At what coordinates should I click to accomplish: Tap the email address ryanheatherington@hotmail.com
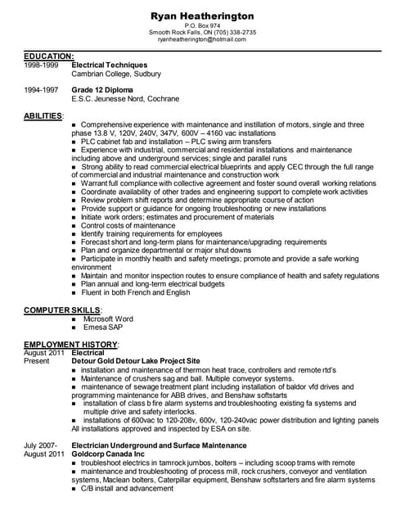click(202, 38)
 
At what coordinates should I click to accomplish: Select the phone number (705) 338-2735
click(232, 32)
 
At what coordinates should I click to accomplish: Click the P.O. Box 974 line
click(202, 25)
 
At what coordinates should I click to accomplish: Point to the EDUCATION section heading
click(49, 56)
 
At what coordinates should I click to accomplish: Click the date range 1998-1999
click(41, 64)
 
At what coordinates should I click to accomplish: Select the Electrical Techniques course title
click(110, 64)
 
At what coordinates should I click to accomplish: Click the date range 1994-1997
click(41, 88)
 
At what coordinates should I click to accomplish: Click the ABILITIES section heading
click(43, 115)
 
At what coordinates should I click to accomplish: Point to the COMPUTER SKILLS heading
click(62, 310)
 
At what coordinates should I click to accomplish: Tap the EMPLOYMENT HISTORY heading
click(71, 344)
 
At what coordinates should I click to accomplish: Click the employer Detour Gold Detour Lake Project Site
click(136, 360)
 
